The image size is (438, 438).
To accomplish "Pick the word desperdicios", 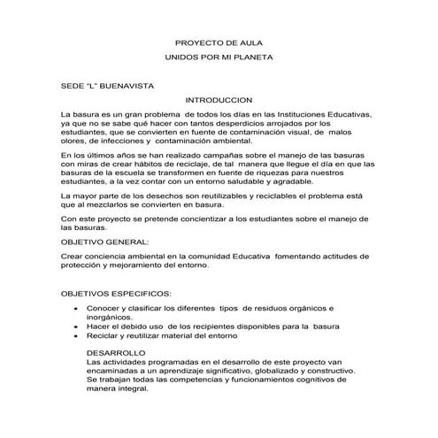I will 218,124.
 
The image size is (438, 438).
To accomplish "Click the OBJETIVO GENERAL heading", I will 104,240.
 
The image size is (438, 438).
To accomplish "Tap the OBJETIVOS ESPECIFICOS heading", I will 116,292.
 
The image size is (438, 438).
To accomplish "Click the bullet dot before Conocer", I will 77,308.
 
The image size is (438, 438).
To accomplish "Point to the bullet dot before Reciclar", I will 77,337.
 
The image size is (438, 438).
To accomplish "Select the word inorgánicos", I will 110,317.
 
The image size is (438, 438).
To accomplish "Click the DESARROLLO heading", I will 115,353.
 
